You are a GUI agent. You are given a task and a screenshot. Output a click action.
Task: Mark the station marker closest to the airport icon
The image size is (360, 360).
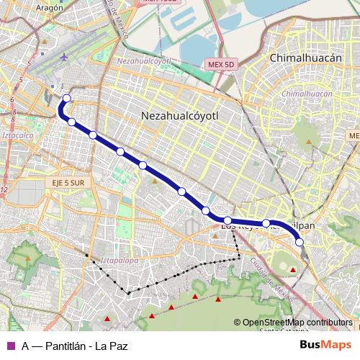[x=67, y=99]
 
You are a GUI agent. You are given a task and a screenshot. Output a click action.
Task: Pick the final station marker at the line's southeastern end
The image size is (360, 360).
[x=300, y=242]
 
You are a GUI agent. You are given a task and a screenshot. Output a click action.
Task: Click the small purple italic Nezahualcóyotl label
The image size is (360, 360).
[x=143, y=61]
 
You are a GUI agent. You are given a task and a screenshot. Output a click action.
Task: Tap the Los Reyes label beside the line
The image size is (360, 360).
[x=238, y=227]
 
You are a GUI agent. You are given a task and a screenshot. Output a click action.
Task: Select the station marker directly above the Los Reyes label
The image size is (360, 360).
[x=228, y=220]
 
